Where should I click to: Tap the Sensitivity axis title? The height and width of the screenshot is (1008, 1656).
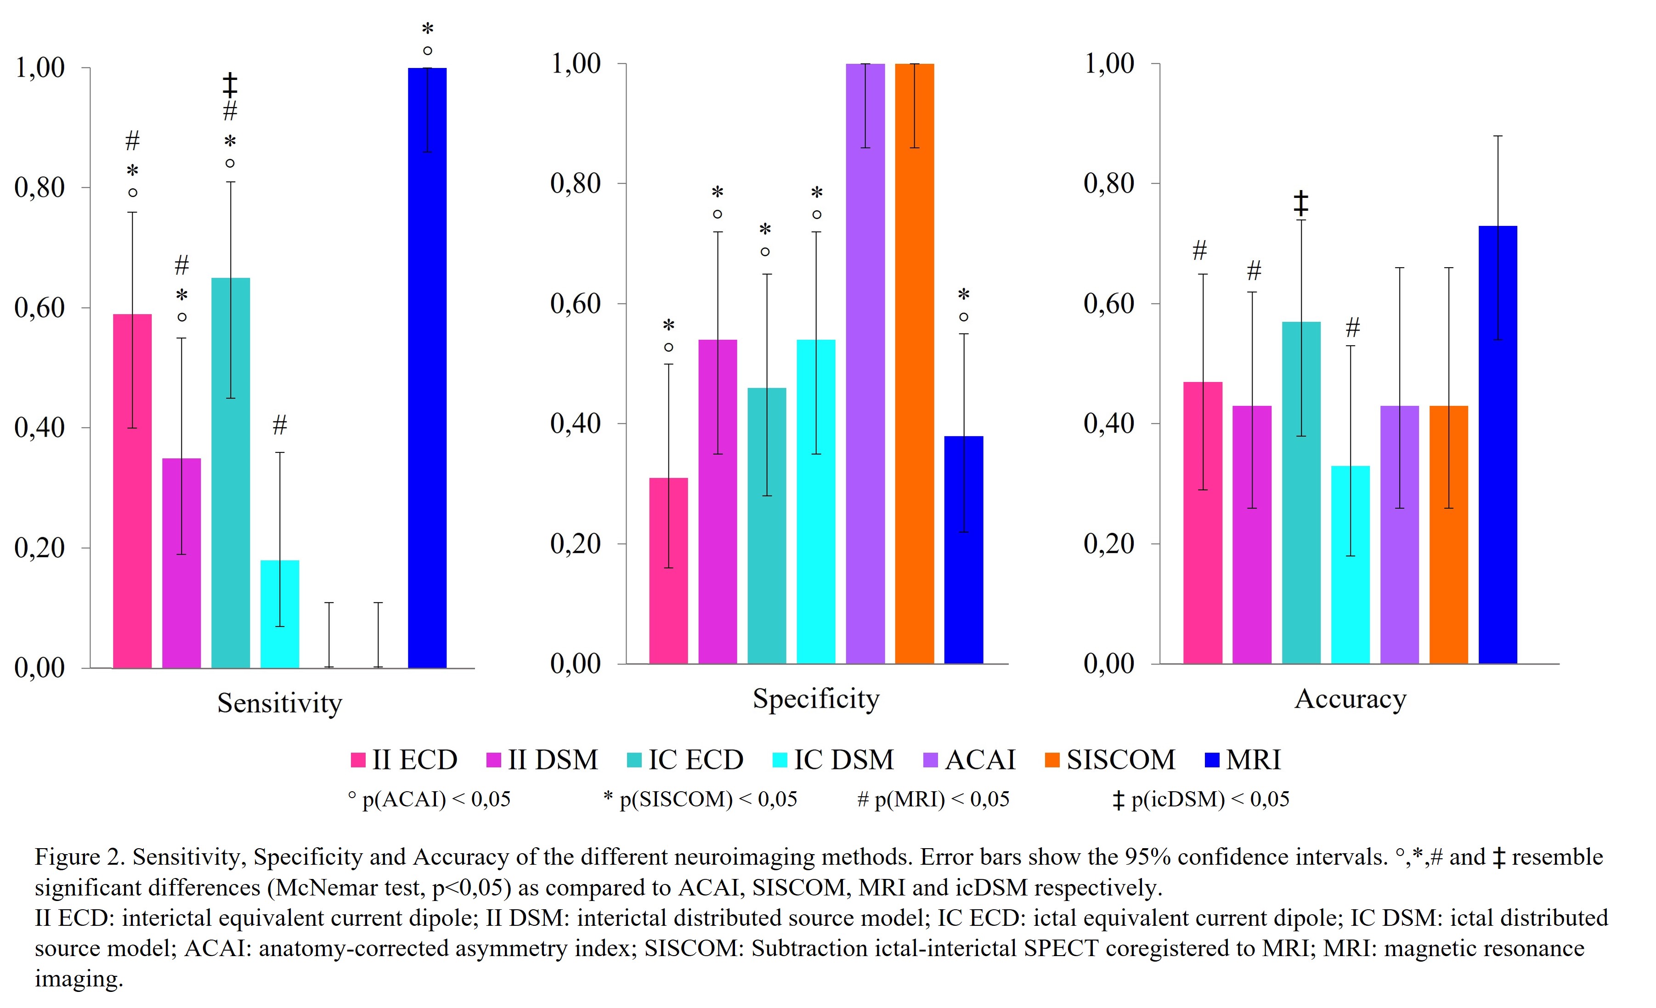(280, 704)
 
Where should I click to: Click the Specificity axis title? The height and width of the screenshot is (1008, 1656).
(815, 699)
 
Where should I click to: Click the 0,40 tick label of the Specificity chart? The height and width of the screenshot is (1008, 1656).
(575, 423)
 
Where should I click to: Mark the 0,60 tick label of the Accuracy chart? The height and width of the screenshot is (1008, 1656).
(1109, 304)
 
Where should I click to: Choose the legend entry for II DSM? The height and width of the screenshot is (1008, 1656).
(542, 760)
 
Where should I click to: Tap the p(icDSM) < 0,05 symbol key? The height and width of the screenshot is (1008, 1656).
(1201, 800)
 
